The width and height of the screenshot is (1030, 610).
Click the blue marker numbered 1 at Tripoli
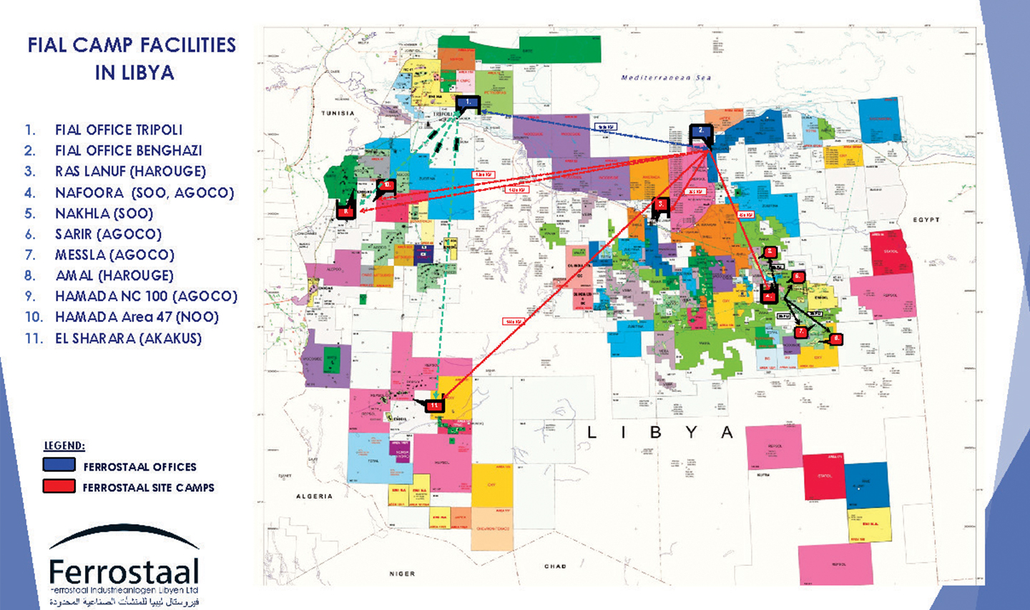tap(468, 103)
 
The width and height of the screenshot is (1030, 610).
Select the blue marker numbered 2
tap(700, 132)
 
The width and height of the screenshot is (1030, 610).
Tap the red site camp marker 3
tap(661, 204)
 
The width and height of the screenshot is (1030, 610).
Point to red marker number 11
tap(435, 405)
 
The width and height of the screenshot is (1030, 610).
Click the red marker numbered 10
tap(386, 185)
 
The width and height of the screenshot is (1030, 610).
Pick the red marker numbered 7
tap(800, 332)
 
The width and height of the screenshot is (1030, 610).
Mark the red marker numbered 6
tap(798, 277)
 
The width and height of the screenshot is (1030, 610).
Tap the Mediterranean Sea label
tap(666, 77)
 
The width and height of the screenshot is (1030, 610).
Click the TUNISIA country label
tap(338, 113)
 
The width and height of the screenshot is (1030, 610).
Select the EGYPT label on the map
tap(926, 220)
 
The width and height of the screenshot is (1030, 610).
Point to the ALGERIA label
tap(314, 496)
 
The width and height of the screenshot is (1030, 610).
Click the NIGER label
tap(402, 574)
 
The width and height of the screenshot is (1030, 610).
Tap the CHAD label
tap(555, 566)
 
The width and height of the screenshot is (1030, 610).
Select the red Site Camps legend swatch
tap(59, 486)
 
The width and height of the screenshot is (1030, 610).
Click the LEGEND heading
tap(64, 446)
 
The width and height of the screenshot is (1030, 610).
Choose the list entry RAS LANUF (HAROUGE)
tap(130, 172)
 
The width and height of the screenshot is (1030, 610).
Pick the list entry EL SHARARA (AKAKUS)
tap(128, 338)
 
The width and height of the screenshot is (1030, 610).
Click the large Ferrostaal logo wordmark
tap(124, 572)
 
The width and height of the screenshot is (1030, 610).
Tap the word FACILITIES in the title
tap(187, 45)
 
